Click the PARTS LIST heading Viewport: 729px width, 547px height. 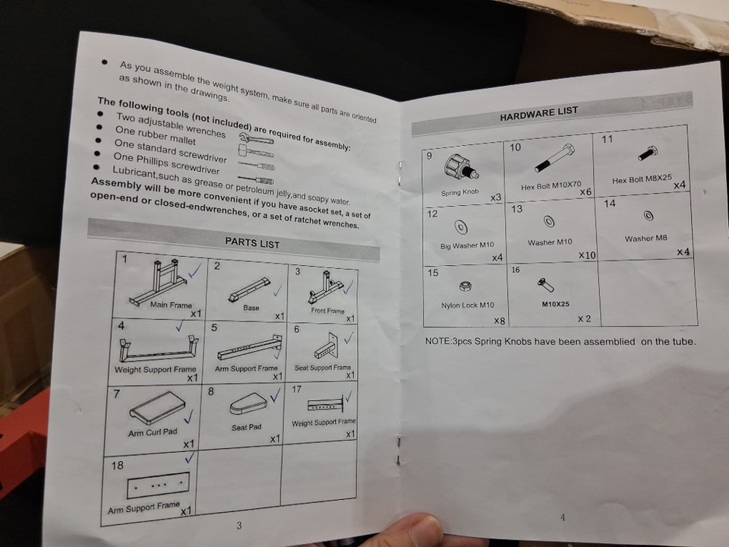pos(252,243)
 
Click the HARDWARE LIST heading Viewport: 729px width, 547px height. pos(539,113)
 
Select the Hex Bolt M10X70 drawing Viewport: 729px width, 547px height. pos(554,158)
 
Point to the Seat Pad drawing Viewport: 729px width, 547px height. pos(248,403)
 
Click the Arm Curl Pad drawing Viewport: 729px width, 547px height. pos(157,407)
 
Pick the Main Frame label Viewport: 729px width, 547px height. pos(171,305)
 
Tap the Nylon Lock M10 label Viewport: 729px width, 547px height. pos(467,305)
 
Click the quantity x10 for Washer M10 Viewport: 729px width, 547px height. pos(587,255)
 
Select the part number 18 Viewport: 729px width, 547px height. pos(117,465)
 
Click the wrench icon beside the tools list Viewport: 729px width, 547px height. pos(256,138)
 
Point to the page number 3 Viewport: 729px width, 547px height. pos(239,526)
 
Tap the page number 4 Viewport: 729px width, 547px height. pos(563,517)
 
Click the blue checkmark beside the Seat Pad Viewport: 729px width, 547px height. pos(276,395)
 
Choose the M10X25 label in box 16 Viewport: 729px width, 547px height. pos(555,304)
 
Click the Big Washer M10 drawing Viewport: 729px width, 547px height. pos(461,227)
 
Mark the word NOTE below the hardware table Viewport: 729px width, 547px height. pos(437,341)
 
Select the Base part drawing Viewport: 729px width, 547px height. pos(250,289)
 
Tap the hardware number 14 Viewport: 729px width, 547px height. pos(610,204)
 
